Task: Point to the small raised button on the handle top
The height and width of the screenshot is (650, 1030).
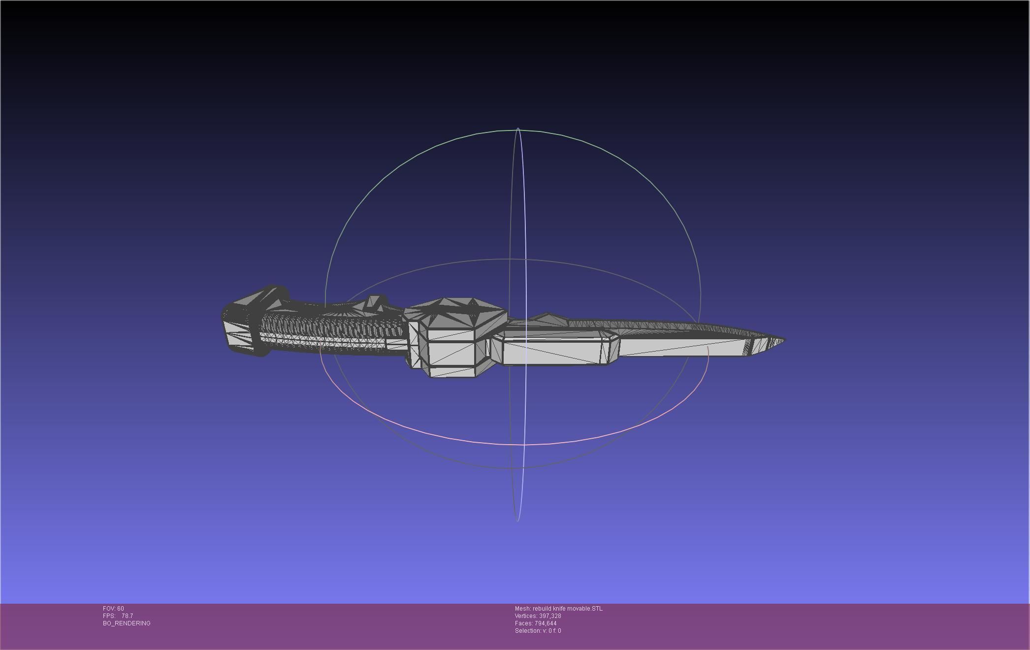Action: click(x=376, y=302)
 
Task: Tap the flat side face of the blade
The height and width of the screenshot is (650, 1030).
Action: click(x=684, y=347)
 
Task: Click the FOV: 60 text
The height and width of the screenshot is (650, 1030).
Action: click(x=113, y=609)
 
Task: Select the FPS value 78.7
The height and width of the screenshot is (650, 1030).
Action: click(x=127, y=616)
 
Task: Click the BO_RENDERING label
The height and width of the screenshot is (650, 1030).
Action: click(x=127, y=623)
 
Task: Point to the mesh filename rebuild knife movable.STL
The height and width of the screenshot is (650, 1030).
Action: click(x=558, y=609)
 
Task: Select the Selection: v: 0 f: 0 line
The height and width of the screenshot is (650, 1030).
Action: click(x=538, y=631)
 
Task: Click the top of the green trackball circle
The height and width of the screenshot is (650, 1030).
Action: click(x=512, y=130)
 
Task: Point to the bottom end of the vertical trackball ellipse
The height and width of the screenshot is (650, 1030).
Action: click(x=517, y=520)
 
